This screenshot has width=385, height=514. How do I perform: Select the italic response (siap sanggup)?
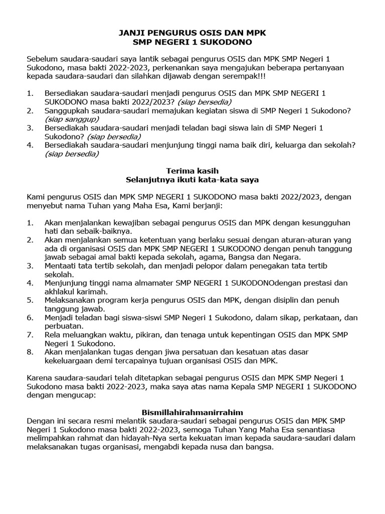(x=72, y=119)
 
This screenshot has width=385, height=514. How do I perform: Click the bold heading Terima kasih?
(x=192, y=171)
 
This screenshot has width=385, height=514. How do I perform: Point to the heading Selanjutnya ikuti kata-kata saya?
(x=192, y=179)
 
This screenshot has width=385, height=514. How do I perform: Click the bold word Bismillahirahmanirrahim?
(x=192, y=412)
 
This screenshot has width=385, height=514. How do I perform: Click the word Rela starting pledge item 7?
(x=54, y=335)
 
